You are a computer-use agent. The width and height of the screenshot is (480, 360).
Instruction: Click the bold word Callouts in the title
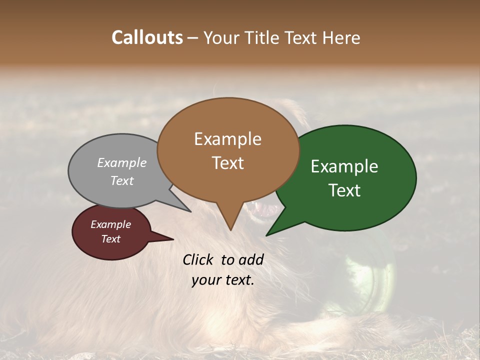click(147, 37)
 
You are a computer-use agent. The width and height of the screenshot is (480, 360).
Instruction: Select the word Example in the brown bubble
click(227, 139)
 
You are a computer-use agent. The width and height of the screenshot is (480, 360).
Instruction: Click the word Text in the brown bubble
click(227, 163)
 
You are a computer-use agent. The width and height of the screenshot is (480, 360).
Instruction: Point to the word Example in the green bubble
click(344, 166)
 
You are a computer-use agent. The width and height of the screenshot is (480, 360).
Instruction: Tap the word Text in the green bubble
click(344, 190)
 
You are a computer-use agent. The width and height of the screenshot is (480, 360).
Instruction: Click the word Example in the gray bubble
click(122, 163)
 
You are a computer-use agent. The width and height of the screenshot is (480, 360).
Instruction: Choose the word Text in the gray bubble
click(122, 180)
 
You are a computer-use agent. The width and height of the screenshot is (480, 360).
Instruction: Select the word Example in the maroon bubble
click(111, 224)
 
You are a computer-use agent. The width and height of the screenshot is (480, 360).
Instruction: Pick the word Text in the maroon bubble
click(111, 239)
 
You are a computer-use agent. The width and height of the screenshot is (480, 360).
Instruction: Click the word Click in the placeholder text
click(198, 259)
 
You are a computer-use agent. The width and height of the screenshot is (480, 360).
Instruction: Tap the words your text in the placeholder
click(222, 280)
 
